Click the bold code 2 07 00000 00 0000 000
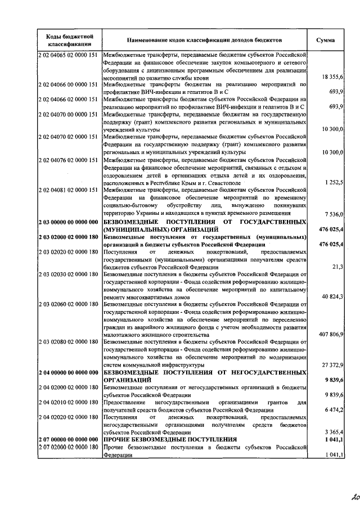click(x=69, y=439)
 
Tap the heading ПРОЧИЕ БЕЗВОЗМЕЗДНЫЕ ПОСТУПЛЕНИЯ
click(x=170, y=439)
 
